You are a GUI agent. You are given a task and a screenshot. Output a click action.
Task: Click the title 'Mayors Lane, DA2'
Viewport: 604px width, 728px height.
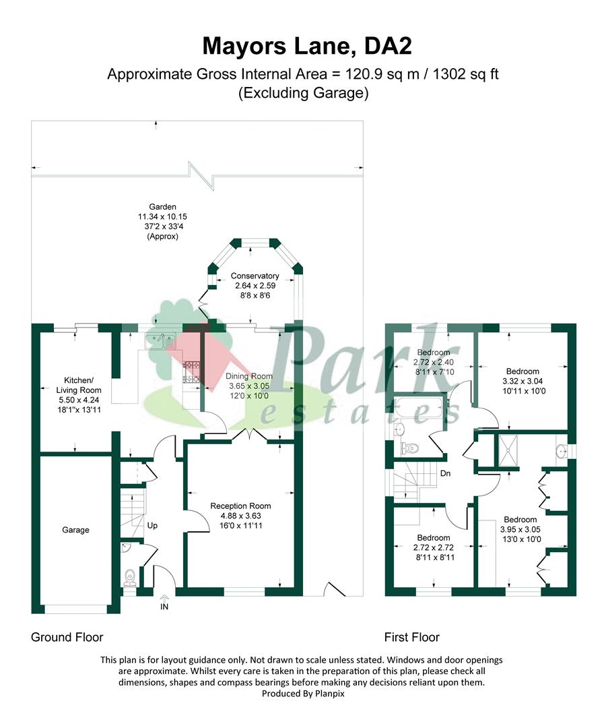tap(302, 46)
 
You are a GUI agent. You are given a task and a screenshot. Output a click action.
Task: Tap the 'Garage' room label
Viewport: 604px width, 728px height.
tap(75, 530)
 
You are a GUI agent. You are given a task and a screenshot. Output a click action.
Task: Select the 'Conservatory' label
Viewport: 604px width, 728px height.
tap(255, 276)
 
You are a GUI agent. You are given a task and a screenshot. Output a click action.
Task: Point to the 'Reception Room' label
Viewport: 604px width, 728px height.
tap(240, 506)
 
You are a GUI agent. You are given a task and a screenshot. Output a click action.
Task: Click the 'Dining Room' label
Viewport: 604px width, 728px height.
tap(249, 376)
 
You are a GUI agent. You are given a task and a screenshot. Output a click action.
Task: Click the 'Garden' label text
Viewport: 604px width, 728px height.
tap(162, 207)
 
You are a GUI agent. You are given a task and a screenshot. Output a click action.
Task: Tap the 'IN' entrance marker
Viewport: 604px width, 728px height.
tap(164, 607)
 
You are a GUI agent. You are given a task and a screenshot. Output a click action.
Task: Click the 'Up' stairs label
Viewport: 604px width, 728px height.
tap(152, 525)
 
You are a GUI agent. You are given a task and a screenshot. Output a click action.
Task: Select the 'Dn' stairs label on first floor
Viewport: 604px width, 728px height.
tap(445, 473)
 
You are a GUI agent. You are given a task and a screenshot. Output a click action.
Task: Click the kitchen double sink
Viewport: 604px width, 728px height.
tap(161, 342)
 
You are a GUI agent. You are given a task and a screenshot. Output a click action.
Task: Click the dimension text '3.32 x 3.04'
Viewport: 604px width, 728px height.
tap(523, 382)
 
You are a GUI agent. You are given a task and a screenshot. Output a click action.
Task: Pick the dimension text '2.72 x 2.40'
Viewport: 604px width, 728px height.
tap(433, 362)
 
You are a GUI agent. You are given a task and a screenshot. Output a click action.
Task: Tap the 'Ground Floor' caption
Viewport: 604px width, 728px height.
tap(67, 637)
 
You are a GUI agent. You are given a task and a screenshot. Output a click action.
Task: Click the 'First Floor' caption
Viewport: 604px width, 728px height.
tap(411, 637)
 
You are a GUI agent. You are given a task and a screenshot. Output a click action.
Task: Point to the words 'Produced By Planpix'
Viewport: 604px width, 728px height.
tap(302, 693)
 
